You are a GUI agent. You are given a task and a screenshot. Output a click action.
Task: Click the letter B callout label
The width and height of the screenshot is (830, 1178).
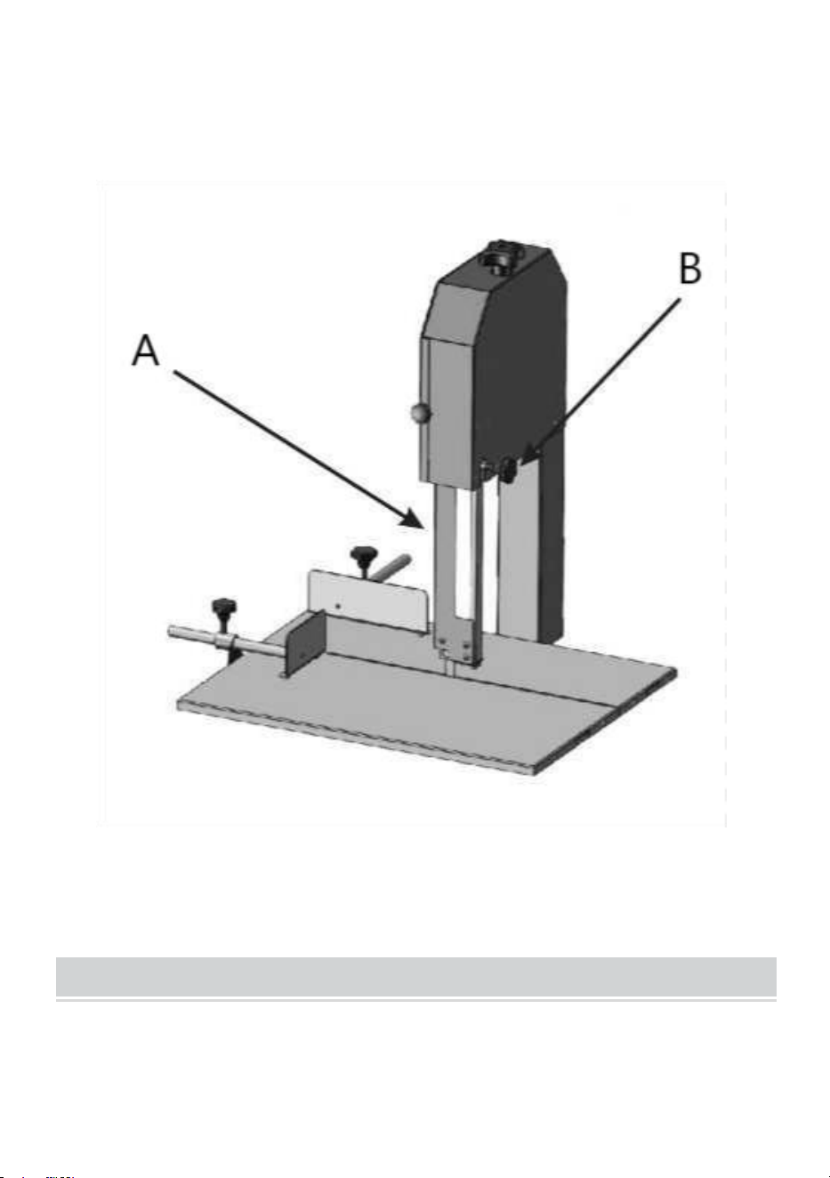coord(690,268)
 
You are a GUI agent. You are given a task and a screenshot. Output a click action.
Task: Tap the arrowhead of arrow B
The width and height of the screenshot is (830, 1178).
coord(529,453)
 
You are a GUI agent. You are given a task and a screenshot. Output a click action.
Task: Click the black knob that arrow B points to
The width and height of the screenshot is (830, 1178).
coord(509,469)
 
